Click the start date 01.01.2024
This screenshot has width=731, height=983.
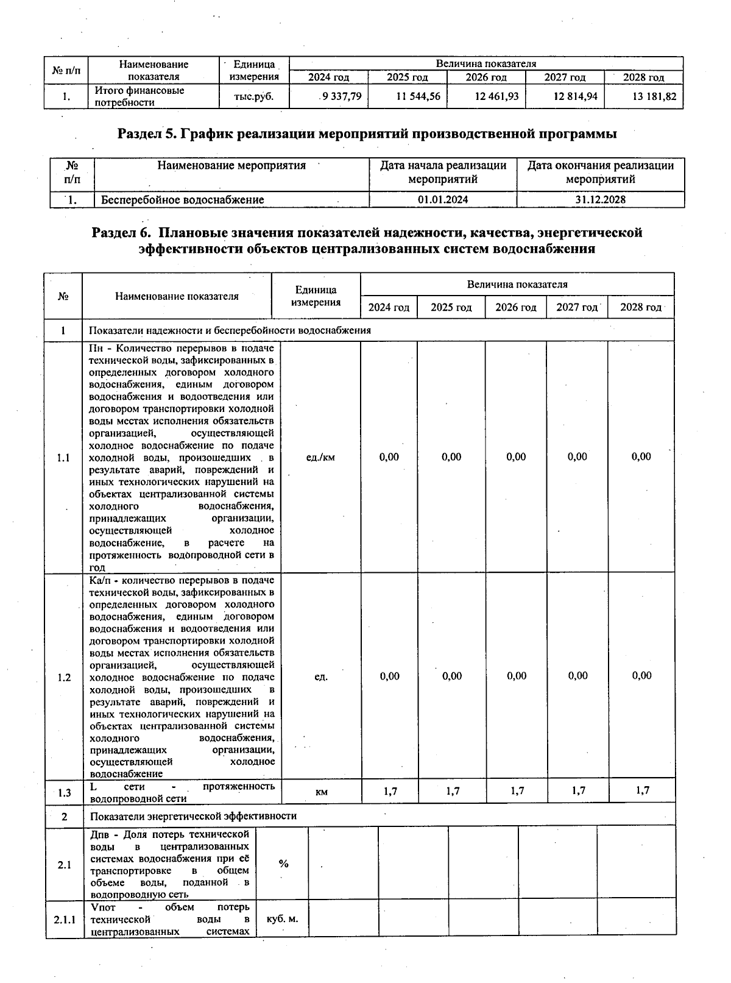point(443,200)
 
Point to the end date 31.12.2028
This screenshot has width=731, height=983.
point(600,200)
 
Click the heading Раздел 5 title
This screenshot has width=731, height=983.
point(367,133)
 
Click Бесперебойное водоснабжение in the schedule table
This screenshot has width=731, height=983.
point(183,200)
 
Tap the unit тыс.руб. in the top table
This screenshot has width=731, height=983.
point(253,96)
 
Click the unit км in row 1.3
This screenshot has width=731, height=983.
point(322,792)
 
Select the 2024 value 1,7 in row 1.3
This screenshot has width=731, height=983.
point(390,791)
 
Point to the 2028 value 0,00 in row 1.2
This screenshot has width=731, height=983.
point(641,676)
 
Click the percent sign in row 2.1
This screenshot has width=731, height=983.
point(283,864)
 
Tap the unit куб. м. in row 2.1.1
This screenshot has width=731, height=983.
point(282,918)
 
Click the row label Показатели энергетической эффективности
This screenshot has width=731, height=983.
point(193,816)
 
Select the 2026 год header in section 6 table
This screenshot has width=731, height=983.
point(515,307)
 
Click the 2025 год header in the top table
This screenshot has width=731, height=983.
point(407,77)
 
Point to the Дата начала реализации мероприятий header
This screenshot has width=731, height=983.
point(443,172)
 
